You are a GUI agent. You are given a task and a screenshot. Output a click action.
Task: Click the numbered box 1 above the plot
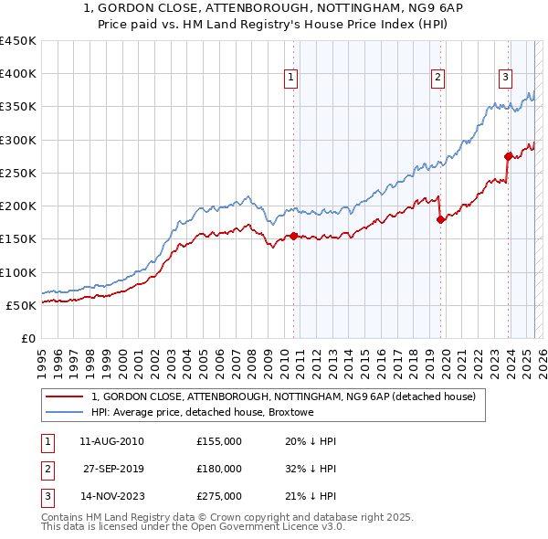point(290,79)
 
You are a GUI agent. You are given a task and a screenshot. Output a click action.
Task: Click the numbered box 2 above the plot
point(438,79)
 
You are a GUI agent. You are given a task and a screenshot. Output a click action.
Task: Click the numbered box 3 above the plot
point(505,79)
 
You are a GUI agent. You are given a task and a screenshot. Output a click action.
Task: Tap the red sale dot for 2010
point(293,236)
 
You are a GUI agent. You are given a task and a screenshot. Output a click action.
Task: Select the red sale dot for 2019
point(440,219)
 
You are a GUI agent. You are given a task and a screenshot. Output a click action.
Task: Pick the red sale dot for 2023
point(508,156)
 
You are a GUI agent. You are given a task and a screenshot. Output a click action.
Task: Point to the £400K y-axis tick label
point(18,74)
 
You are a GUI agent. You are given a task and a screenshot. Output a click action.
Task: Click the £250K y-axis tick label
point(18,173)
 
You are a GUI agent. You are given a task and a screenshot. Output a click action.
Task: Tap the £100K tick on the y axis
point(18,272)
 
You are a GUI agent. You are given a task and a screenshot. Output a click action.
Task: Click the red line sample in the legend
point(64,397)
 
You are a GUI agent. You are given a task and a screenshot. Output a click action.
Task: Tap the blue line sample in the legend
point(64,412)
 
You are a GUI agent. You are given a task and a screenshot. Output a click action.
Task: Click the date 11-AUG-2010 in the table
point(112,441)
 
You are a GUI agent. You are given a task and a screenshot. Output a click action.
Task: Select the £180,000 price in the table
point(219,469)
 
